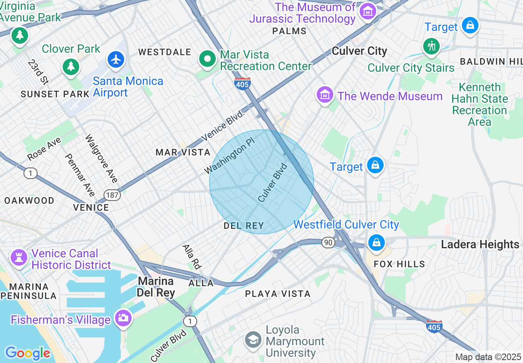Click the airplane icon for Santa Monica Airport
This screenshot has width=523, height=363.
(116, 59)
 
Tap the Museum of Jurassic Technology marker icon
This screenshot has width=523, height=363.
(367, 11)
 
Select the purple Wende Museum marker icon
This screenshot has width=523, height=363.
(325, 95)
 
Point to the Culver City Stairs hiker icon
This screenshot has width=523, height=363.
(432, 46)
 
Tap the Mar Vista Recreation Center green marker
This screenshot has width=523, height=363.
(207, 59)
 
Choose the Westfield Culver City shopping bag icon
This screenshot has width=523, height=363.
(376, 242)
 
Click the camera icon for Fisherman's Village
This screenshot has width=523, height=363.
(123, 318)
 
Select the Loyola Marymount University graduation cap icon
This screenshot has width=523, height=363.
(252, 340)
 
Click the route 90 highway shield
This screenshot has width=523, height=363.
(328, 243)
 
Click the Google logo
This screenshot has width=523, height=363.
(28, 353)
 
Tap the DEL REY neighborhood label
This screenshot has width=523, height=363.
(243, 226)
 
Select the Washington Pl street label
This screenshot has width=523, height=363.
(230, 155)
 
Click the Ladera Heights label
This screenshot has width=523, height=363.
(480, 244)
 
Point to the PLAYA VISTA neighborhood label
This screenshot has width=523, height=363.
(278, 294)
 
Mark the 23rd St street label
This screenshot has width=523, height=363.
(38, 71)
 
